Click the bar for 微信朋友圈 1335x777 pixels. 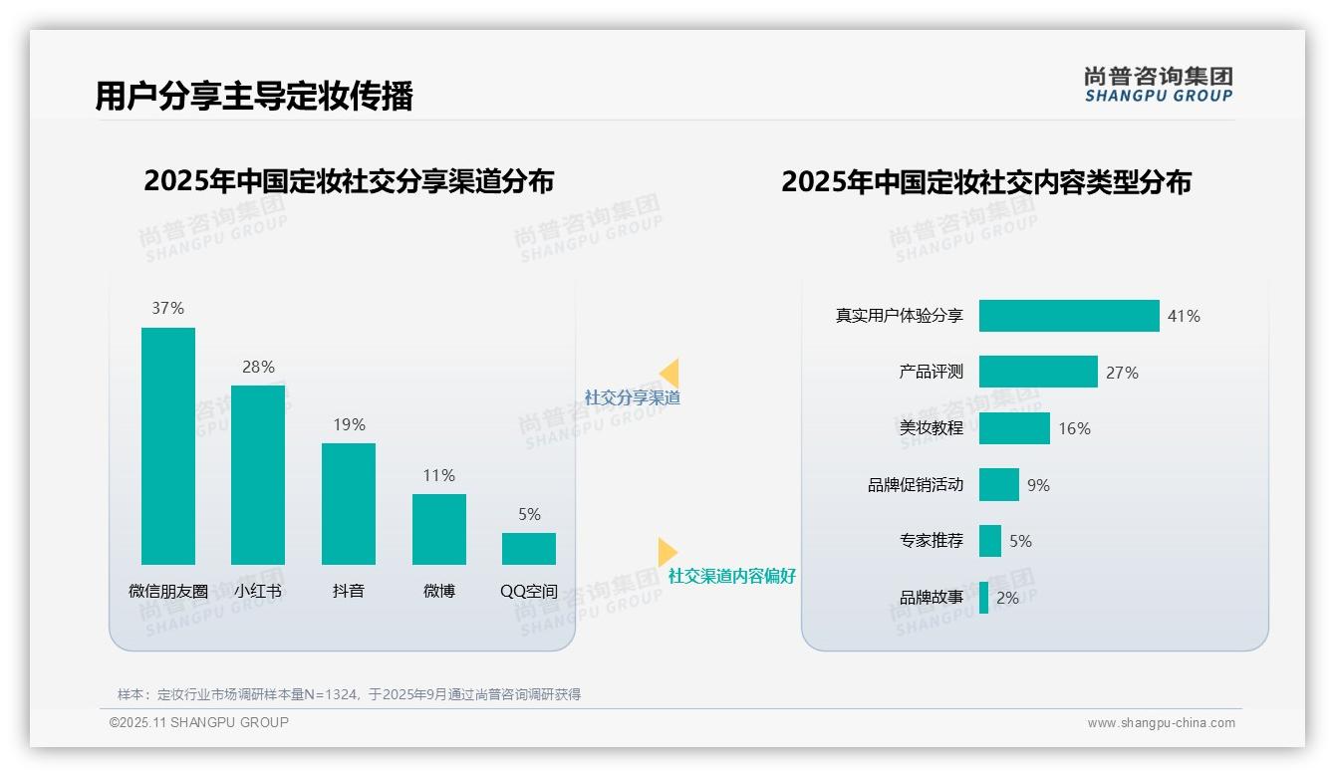click(x=168, y=445)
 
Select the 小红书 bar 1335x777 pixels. click(x=258, y=474)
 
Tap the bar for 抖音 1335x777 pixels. click(x=349, y=503)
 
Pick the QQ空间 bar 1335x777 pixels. click(x=529, y=548)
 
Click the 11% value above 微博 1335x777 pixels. click(x=438, y=476)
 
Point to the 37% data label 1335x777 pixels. click(x=167, y=309)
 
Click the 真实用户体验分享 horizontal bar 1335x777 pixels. click(x=1069, y=316)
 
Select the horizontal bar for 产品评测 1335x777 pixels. click(x=1038, y=372)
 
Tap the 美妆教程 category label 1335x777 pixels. click(x=932, y=428)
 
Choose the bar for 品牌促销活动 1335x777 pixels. click(x=999, y=485)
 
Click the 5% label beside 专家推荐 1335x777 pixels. click(x=1020, y=541)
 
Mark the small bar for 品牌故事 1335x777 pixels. click(x=984, y=598)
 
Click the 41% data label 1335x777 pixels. click(x=1184, y=316)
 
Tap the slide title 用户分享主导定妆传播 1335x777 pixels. click(x=254, y=97)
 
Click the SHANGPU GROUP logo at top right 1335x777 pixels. click(x=1159, y=85)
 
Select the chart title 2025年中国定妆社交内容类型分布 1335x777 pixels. click(x=986, y=182)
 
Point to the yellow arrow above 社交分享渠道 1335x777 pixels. click(x=669, y=374)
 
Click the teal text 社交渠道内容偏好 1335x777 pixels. click(x=732, y=576)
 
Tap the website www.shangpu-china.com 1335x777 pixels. click(x=1161, y=723)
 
